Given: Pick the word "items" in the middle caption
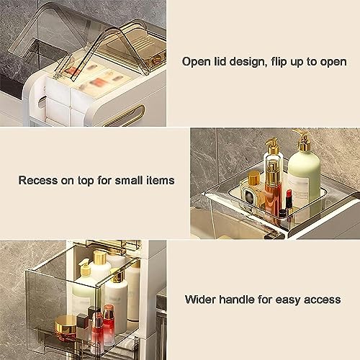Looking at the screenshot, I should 159,180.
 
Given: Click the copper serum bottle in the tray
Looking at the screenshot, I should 273,191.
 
